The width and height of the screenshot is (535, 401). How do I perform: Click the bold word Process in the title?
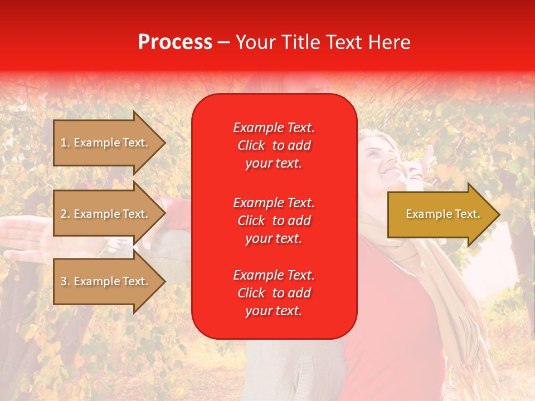point(175,42)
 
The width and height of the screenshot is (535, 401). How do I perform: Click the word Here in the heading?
point(388,42)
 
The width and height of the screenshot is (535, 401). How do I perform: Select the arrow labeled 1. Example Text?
point(105,143)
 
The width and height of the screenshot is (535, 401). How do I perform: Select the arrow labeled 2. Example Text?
point(105,214)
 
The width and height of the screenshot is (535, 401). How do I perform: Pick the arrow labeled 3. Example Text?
point(105,281)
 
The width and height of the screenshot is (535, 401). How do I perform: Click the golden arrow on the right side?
point(440,214)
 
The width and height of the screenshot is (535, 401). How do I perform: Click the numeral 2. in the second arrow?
point(65,214)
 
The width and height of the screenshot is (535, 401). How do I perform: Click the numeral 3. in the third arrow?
point(65,281)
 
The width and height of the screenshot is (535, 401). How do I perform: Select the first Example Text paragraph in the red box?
point(274,145)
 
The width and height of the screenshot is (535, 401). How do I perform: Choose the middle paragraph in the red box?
point(274,221)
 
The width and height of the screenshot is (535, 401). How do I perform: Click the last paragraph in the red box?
point(274,293)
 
